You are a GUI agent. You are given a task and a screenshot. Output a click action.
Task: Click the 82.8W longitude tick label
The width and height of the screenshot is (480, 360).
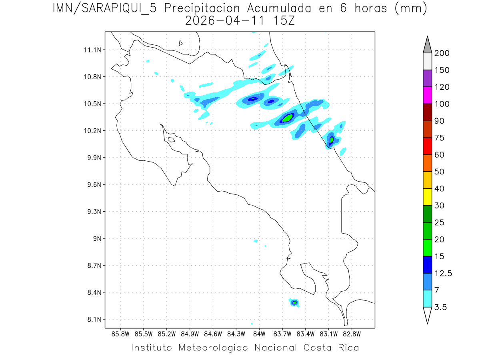[352, 334]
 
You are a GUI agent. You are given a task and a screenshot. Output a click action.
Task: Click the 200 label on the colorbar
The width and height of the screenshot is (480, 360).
[442, 53]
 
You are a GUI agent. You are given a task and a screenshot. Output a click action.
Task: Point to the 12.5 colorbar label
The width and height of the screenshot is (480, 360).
[443, 273]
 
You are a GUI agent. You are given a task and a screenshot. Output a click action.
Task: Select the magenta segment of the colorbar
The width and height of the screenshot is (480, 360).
[427, 95]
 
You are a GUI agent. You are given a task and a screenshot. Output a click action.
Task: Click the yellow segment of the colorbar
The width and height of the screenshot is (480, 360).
[427, 197]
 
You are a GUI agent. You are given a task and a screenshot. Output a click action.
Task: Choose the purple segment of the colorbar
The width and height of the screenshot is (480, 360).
[427, 78]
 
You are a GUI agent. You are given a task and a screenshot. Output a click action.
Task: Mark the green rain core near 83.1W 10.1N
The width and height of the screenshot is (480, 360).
[332, 140]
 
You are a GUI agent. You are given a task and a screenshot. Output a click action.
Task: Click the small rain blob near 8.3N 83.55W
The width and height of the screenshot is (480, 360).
[294, 302]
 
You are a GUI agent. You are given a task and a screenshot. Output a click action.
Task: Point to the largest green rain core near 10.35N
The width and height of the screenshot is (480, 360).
[288, 118]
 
